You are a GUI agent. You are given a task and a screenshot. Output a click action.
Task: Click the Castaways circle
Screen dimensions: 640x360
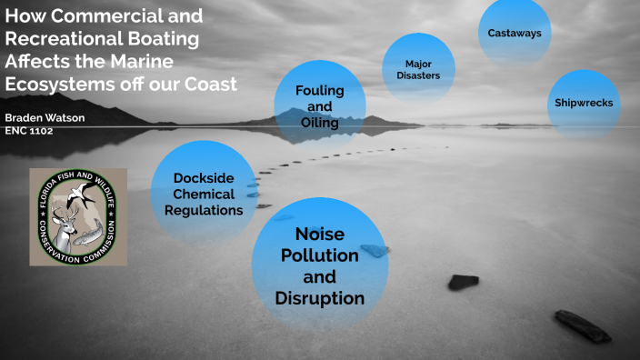[x=515, y=34]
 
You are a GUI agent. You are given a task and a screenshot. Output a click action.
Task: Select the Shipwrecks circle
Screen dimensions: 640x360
[x=584, y=103]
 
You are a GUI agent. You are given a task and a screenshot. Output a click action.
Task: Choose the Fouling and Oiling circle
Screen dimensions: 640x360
[x=319, y=106]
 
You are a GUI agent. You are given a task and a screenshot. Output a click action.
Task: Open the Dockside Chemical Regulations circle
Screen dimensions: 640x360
[x=204, y=192]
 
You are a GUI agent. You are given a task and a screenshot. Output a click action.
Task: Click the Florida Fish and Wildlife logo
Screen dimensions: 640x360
[x=77, y=215]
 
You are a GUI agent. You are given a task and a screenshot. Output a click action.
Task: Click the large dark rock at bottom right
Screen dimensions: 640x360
[x=583, y=325]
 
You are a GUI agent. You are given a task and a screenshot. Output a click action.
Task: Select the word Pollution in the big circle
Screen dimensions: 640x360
[x=319, y=255]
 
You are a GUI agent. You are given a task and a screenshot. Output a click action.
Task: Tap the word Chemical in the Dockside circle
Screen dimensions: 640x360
[x=204, y=194]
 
